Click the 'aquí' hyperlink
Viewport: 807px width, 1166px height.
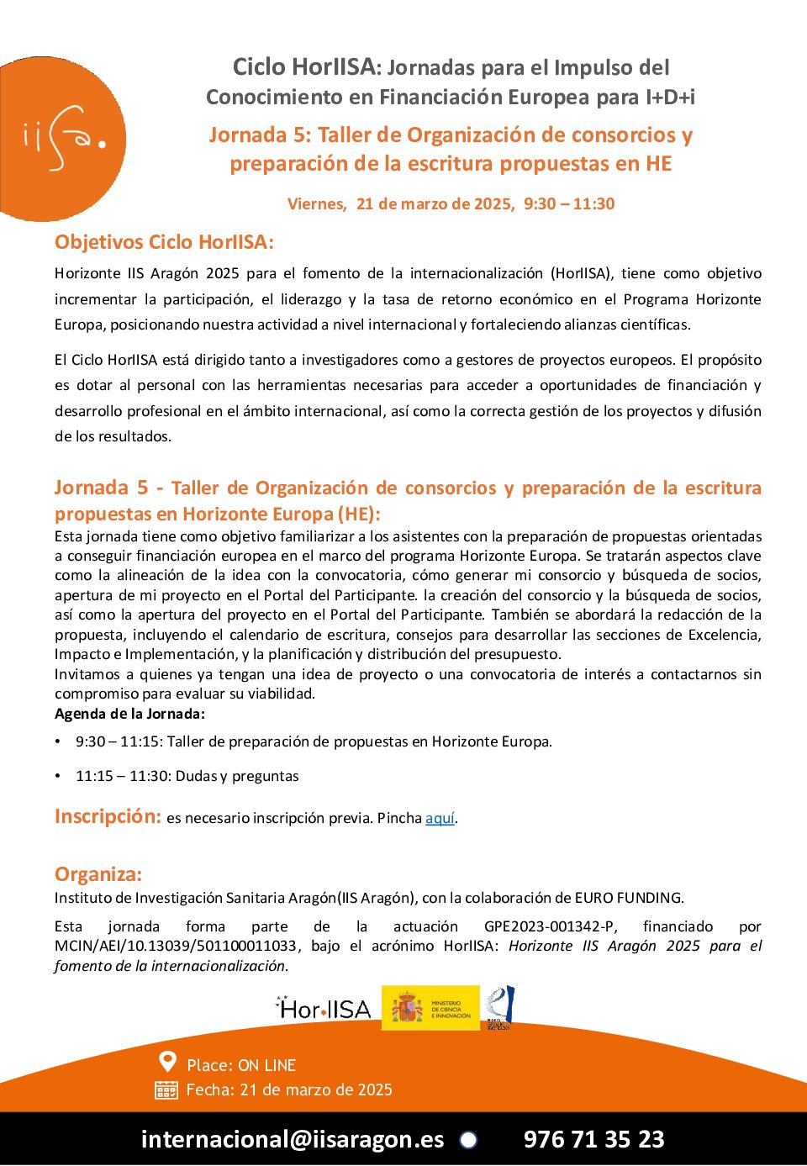440,819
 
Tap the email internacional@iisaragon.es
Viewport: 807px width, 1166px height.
293,1139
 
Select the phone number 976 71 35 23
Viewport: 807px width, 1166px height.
593,1139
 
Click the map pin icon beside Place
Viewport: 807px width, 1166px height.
168,1063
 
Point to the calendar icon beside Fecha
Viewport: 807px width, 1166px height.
166,1090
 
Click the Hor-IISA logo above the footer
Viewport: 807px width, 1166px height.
324,1008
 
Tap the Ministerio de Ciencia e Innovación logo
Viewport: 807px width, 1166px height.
430,1008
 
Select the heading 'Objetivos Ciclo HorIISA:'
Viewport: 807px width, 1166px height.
164,242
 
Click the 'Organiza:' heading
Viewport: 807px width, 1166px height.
98,874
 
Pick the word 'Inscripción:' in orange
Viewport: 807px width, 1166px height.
108,816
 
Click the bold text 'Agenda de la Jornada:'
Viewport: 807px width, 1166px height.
129,714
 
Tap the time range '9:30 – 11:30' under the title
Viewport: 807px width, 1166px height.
569,203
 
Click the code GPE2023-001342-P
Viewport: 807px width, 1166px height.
550,926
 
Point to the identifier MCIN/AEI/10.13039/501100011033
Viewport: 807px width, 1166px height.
176,946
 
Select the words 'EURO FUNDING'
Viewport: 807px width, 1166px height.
629,898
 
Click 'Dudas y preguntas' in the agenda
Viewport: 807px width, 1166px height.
237,776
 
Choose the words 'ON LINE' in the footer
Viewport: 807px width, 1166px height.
267,1066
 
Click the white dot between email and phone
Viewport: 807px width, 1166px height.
468,1140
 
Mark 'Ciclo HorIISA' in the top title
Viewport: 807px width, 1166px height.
303,67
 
